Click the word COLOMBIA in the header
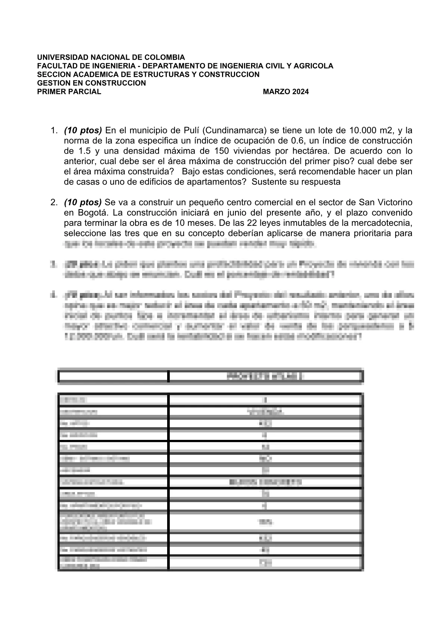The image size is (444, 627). [x=165, y=57]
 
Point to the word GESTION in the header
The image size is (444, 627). [x=51, y=83]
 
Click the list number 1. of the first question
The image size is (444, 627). [x=54, y=131]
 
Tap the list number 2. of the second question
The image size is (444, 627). [x=54, y=202]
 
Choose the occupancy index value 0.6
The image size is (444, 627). [x=298, y=141]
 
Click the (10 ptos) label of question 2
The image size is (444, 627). [x=83, y=202]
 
